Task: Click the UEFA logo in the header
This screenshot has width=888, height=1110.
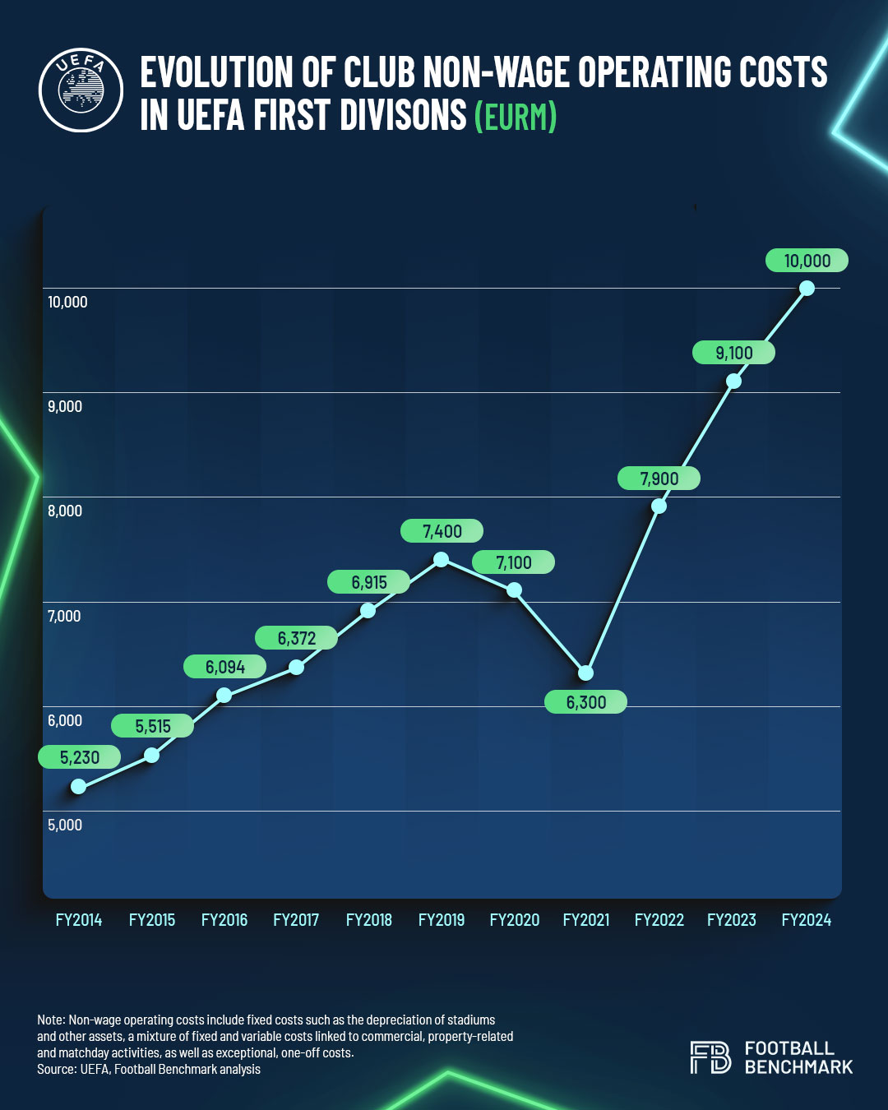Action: tap(81, 90)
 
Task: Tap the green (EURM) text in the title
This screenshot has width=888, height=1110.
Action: tap(516, 116)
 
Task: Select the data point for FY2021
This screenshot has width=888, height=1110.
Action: tap(585, 673)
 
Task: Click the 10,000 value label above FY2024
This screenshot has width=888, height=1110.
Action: tap(807, 261)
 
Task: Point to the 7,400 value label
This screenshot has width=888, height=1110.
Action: tap(442, 531)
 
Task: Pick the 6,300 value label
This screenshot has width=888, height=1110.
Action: tap(585, 702)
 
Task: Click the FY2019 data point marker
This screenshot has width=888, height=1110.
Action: tap(441, 559)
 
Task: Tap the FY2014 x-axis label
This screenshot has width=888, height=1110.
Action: tap(79, 920)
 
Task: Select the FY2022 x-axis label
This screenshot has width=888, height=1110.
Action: tap(659, 920)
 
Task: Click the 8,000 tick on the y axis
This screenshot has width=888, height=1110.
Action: tap(65, 511)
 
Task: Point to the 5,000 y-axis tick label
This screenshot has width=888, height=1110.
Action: tap(65, 825)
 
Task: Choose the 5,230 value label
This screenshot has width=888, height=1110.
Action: tap(79, 757)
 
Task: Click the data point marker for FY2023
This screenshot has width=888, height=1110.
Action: tap(733, 381)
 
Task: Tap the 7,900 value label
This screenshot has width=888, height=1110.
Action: tap(659, 479)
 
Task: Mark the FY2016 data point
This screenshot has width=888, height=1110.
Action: tap(224, 696)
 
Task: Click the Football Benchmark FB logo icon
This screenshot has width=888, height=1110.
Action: tap(710, 1057)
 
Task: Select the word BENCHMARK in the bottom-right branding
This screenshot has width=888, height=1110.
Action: tap(798, 1067)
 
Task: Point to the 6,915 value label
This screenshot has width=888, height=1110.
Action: tap(368, 582)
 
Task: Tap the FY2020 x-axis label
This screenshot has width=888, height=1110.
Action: tap(514, 920)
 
